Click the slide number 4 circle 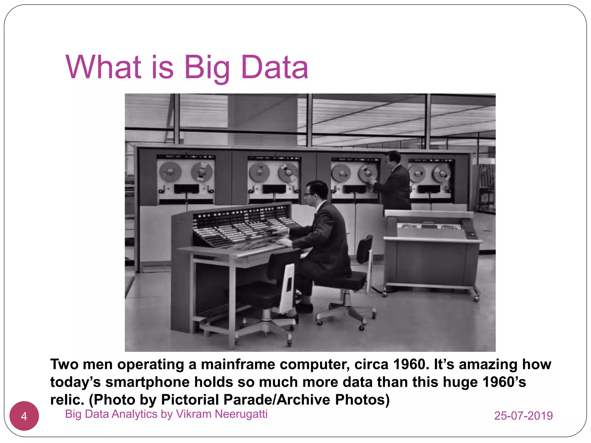24,416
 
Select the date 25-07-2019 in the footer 523,416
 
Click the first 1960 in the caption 409,364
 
